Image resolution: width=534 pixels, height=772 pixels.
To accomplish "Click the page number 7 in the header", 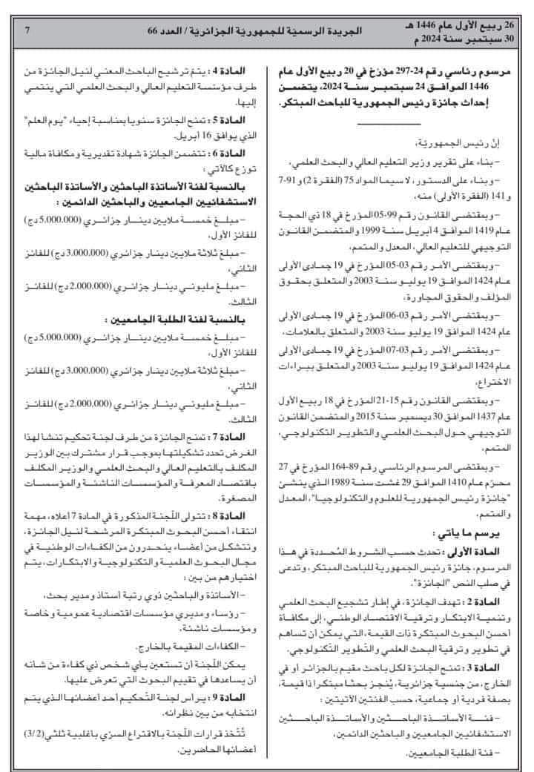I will [27, 30].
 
